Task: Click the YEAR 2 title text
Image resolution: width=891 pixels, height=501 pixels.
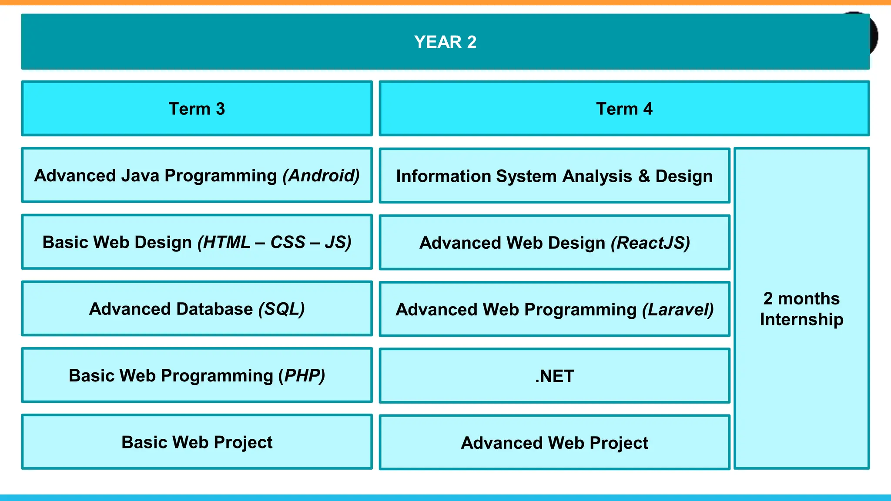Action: [445, 42]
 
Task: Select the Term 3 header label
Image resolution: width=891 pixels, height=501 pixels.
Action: [197, 109]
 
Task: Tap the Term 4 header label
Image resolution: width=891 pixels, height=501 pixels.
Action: [624, 109]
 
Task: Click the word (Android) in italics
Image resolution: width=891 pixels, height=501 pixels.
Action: [321, 176]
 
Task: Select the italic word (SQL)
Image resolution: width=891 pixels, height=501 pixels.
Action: [281, 309]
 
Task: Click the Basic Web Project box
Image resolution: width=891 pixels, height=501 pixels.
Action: [197, 442]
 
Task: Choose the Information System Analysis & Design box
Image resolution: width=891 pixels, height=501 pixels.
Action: [554, 176]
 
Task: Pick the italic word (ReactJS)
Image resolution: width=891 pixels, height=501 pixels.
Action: [650, 243]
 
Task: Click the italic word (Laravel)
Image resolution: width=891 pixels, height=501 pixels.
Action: [678, 310]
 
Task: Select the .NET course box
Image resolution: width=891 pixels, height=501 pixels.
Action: [554, 376]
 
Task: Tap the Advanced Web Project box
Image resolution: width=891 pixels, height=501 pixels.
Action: [554, 443]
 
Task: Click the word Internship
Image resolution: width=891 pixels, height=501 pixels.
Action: [801, 320]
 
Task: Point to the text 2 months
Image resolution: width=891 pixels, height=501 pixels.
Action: [801, 299]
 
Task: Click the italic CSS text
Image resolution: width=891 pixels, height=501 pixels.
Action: [288, 242]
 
